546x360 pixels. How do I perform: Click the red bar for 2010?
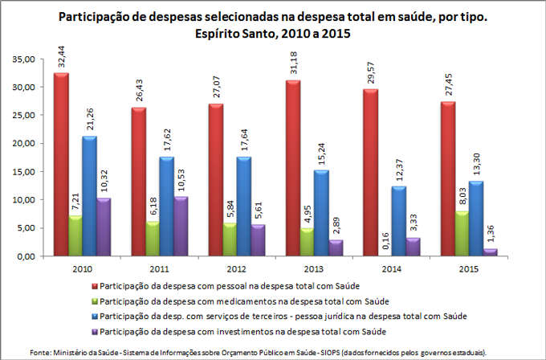(61, 165)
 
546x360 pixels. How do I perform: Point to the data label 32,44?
(62, 56)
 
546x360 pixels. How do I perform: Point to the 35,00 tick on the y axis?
(22, 59)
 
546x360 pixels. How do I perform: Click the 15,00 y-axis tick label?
(22, 172)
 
